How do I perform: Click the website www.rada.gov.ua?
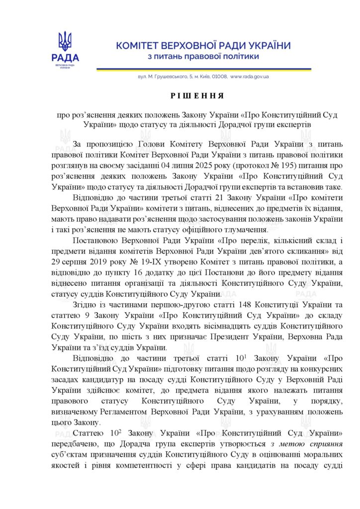pos(249,77)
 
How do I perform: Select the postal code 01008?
pos(219,77)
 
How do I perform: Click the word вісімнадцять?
pos(205,326)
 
